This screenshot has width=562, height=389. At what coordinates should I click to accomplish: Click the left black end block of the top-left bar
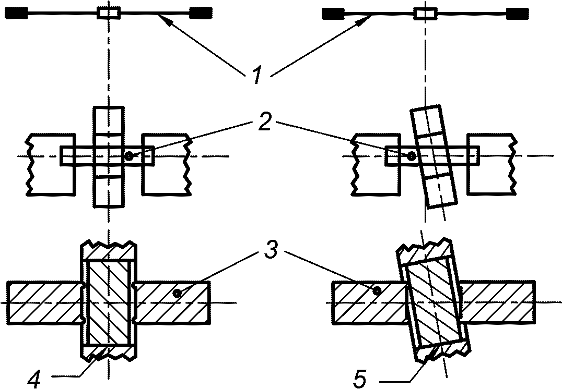(x=17, y=14)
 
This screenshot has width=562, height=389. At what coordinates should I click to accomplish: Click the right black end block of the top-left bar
(x=201, y=13)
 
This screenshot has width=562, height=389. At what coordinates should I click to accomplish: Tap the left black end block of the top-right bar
(x=333, y=14)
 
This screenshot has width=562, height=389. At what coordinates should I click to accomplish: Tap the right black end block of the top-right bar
(x=517, y=14)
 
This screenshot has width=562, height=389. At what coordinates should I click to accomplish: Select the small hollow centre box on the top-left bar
(x=109, y=13)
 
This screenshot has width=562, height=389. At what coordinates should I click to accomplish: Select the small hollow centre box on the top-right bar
(x=426, y=14)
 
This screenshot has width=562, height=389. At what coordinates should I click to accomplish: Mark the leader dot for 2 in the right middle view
(x=412, y=156)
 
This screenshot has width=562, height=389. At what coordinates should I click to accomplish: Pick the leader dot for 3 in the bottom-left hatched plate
(x=177, y=294)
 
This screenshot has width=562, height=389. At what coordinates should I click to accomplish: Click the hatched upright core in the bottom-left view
(x=109, y=303)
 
